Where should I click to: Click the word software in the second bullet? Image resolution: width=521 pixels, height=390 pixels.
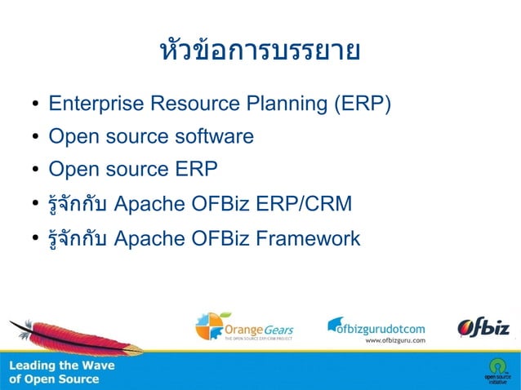(x=213, y=136)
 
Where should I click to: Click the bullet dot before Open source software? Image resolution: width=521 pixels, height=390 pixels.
(x=36, y=137)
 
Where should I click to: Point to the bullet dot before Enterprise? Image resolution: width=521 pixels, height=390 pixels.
(x=36, y=105)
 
